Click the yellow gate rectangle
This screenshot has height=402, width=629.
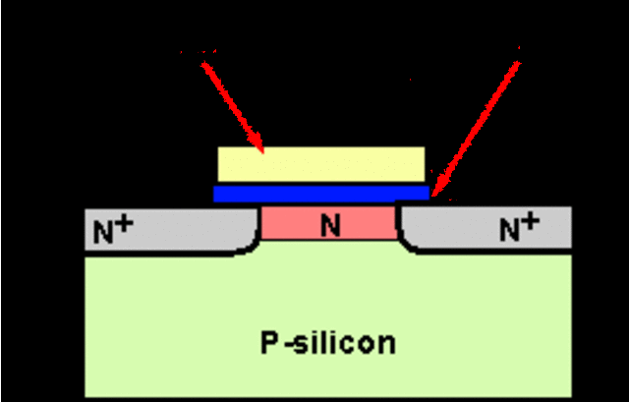[320, 164]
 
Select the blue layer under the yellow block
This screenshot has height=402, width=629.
[320, 193]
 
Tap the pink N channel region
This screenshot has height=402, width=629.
[295, 224]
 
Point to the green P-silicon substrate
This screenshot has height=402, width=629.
[324, 315]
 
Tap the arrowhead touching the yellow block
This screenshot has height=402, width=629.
[258, 144]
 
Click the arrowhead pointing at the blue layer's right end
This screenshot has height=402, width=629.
[438, 187]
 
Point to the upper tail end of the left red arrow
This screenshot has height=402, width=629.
[203, 61]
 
